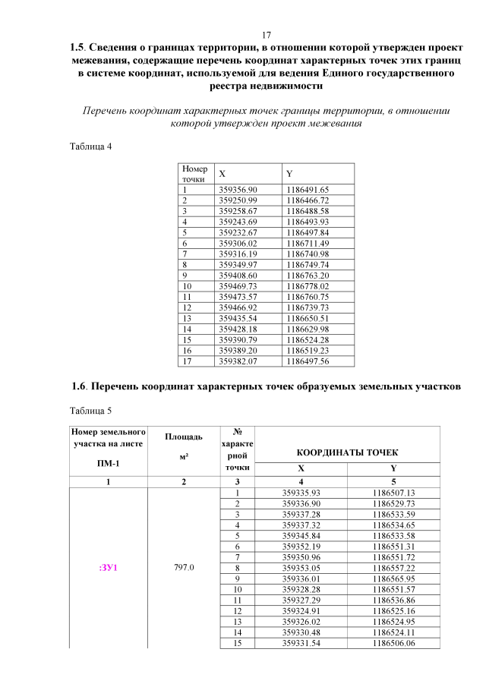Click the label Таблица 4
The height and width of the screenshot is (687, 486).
click(90, 146)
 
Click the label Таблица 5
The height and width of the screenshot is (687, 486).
click(90, 411)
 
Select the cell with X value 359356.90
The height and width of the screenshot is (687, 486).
click(238, 189)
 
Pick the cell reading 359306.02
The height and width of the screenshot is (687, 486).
click(238, 243)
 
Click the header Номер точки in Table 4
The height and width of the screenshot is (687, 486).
click(194, 174)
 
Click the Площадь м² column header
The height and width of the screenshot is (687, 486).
click(183, 446)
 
